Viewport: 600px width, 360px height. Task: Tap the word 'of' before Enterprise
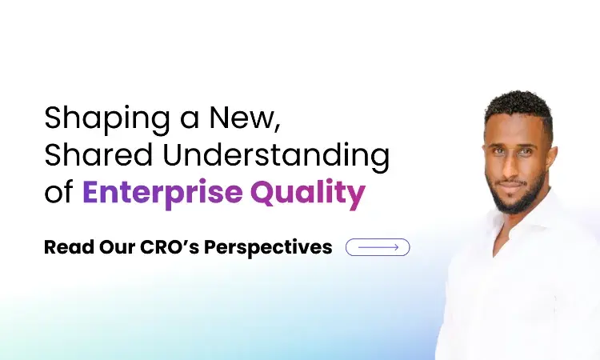[x=58, y=193]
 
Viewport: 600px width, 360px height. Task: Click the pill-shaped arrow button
[x=378, y=247]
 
